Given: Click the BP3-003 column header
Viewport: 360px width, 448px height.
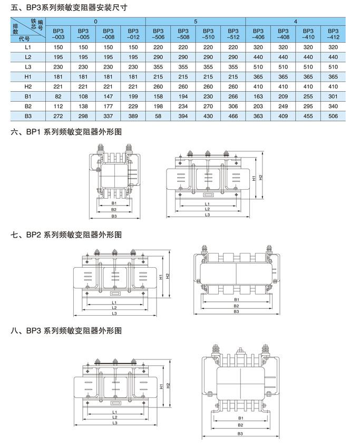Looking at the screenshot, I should click(59, 34).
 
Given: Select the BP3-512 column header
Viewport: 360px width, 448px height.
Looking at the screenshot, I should click(233, 34).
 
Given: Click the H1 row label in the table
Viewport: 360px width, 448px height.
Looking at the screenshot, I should click(28, 76).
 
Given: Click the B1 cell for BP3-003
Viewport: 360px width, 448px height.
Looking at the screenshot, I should click(59, 96).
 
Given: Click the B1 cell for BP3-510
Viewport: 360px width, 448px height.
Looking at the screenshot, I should click(208, 96).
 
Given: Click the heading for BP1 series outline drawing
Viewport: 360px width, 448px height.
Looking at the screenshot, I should click(66, 134).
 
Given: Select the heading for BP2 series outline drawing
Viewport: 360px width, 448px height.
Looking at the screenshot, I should click(66, 233).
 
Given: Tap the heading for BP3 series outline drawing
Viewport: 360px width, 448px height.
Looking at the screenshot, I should click(66, 331).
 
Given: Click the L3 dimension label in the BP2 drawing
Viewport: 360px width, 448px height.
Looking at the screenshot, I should click(114, 314).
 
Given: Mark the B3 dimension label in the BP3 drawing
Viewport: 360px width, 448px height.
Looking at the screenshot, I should click(240, 433).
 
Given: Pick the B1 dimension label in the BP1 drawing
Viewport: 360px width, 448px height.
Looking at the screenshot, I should click(114, 203).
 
